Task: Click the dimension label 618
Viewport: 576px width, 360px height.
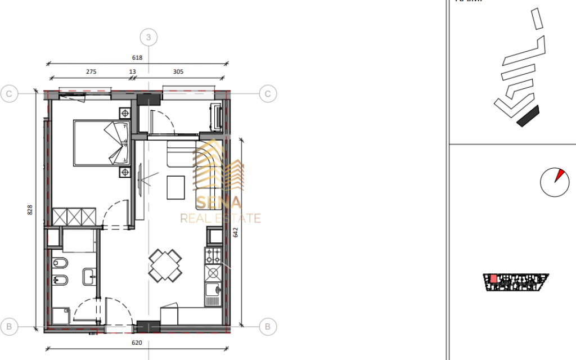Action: coord(137,57)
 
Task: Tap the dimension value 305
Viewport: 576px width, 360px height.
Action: coord(178,71)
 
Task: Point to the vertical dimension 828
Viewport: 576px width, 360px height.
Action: coord(30,209)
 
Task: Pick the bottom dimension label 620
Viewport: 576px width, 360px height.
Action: coord(137,343)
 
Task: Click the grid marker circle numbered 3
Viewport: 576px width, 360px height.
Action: coord(148,38)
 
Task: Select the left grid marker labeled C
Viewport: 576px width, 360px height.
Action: coord(10,93)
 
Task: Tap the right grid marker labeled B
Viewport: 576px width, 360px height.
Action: coord(268,326)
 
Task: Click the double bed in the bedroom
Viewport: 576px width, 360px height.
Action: coord(101,143)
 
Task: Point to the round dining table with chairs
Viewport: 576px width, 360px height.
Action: coord(165,265)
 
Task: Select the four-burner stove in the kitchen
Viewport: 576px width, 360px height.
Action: coord(214,257)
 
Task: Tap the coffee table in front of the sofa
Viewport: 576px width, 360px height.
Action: coord(175,187)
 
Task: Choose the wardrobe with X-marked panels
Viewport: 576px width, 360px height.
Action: coord(75,216)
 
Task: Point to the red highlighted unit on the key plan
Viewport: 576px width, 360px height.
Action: coord(493,278)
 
